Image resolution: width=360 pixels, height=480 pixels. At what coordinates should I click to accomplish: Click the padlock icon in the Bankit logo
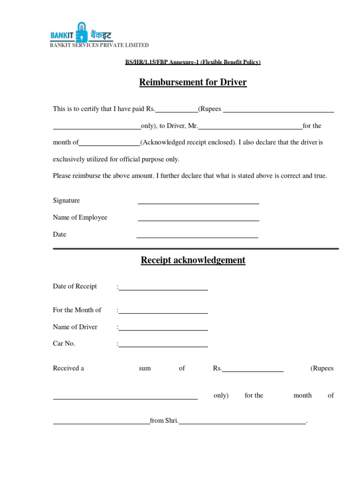tap(82, 32)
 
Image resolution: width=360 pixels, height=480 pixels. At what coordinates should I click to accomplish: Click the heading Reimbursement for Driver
tap(193, 82)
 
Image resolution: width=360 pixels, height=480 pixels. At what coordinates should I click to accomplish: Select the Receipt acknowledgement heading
tap(193, 260)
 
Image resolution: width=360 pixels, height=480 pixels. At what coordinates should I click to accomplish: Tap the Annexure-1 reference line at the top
tap(193, 62)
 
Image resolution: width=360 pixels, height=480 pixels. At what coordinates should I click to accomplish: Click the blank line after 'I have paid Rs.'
tap(177, 112)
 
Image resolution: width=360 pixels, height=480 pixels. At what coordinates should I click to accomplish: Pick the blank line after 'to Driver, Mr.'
tap(250, 128)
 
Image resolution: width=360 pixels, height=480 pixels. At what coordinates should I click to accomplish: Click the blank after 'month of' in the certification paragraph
tap(110, 145)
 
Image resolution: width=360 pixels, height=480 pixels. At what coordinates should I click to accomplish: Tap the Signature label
tap(67, 201)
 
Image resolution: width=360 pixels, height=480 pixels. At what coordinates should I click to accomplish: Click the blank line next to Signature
tap(198, 203)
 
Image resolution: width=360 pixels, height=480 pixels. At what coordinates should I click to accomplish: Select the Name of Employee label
tap(80, 217)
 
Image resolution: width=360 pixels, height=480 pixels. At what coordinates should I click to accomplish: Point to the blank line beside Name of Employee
tap(198, 220)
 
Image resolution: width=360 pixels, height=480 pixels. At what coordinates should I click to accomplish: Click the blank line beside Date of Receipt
tap(163, 289)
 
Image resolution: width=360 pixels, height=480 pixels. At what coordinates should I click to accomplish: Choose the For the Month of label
tap(77, 310)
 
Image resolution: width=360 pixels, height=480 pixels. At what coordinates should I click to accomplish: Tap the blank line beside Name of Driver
tap(163, 330)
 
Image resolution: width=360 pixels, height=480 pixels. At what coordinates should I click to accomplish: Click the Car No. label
tap(64, 344)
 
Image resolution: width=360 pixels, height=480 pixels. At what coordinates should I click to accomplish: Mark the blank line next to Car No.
tap(163, 346)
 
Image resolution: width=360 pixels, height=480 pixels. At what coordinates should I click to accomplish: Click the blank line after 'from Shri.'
tap(242, 423)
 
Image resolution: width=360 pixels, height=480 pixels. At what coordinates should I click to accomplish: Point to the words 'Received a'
tap(68, 368)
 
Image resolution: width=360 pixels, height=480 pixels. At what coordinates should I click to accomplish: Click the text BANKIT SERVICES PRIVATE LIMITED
tap(99, 45)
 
